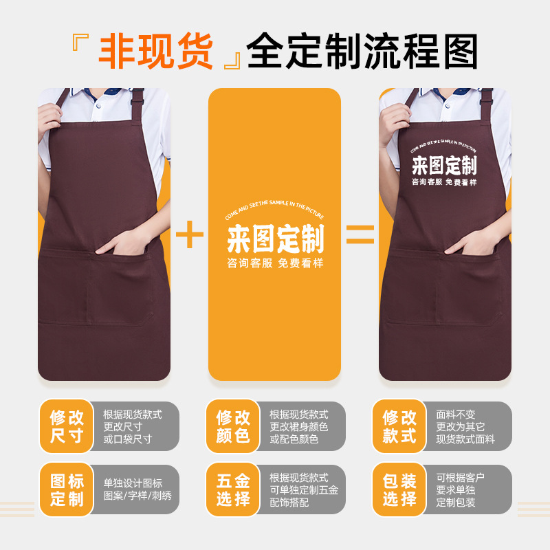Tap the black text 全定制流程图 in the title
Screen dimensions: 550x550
(x=362, y=52)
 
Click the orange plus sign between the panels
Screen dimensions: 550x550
(x=190, y=234)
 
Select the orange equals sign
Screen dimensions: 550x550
(x=360, y=234)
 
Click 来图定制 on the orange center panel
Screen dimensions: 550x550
(x=275, y=239)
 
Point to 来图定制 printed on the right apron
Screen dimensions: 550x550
(x=444, y=166)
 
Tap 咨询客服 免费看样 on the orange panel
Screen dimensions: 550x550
(x=275, y=263)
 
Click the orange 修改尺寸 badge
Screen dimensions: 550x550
(x=67, y=426)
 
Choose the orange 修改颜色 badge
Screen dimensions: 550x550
(x=234, y=426)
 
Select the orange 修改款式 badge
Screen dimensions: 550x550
(x=400, y=426)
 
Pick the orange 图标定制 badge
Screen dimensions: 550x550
(x=67, y=489)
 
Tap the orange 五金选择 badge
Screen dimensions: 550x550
(x=234, y=489)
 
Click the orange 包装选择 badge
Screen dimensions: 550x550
(x=400, y=489)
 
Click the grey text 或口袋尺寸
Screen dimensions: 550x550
(x=127, y=439)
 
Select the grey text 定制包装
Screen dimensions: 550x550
(x=456, y=503)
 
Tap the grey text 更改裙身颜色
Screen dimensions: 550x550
(x=298, y=427)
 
